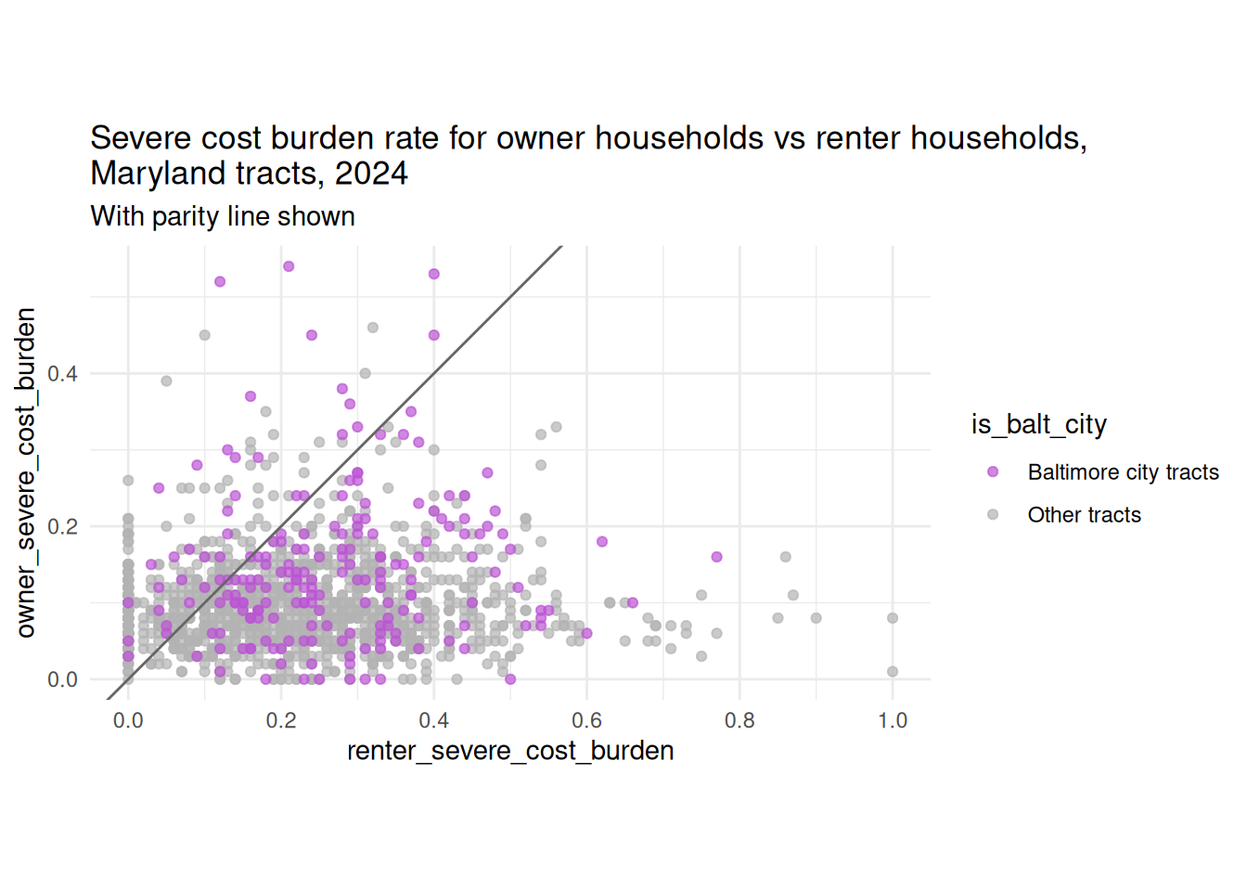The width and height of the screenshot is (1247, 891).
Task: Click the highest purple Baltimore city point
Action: [x=289, y=266]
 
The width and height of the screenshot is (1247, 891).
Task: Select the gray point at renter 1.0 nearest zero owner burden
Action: [x=893, y=672]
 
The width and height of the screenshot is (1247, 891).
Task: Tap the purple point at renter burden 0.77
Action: [x=716, y=557]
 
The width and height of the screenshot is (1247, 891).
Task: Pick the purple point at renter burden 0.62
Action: [x=602, y=541]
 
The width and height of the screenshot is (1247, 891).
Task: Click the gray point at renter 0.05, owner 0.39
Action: [x=166, y=381]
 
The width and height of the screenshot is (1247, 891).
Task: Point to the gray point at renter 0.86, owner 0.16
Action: [x=786, y=557]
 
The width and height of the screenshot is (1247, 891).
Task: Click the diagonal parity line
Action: [x=334, y=472]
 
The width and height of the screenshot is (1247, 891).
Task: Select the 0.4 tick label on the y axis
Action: [x=62, y=374]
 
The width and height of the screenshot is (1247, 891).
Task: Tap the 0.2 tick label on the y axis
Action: [x=62, y=526]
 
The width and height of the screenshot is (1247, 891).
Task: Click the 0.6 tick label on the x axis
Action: [x=586, y=720]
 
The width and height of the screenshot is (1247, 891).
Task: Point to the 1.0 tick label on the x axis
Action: [x=893, y=720]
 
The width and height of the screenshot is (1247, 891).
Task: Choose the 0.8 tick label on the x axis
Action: [x=739, y=720]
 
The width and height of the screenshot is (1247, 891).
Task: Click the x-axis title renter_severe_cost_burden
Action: [x=510, y=751]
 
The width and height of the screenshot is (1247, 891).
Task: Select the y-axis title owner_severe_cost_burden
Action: [x=26, y=472]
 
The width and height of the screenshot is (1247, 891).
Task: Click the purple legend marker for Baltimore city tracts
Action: [x=993, y=472]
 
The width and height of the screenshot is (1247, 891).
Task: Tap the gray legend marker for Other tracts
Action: [x=993, y=514]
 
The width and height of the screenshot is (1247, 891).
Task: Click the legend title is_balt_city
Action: [x=1039, y=425]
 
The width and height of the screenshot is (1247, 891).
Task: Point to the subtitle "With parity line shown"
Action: [x=223, y=216]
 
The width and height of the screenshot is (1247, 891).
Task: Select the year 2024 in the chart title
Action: [x=371, y=174]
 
